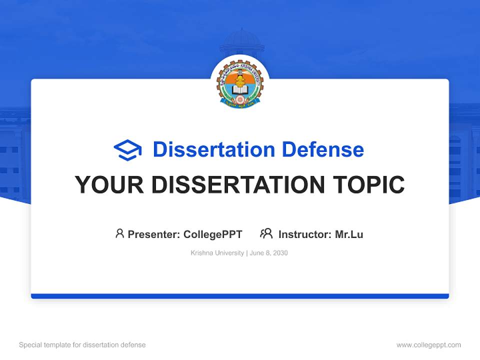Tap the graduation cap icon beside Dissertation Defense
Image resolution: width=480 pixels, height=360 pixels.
pyautogui.click(x=127, y=149)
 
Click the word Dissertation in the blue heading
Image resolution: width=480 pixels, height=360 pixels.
pyautogui.click(x=213, y=149)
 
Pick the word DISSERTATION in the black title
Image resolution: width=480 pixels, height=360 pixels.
pyautogui.click(x=237, y=185)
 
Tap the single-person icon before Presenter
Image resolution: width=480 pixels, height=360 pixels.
pyautogui.click(x=119, y=233)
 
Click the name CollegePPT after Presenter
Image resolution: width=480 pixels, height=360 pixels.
pyautogui.click(x=213, y=234)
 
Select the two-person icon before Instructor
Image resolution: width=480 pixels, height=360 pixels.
pyautogui.click(x=266, y=233)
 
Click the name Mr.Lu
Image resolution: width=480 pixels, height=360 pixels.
pyautogui.click(x=349, y=234)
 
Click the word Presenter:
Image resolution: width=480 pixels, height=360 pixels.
pyautogui.click(x=154, y=234)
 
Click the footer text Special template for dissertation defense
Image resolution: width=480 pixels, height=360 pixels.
pyautogui.click(x=82, y=345)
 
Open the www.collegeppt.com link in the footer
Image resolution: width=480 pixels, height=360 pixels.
pyautogui.click(x=428, y=345)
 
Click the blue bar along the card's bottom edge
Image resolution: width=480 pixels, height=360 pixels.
pyautogui.click(x=240, y=296)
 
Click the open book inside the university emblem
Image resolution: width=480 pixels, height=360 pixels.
pyautogui.click(x=240, y=90)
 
